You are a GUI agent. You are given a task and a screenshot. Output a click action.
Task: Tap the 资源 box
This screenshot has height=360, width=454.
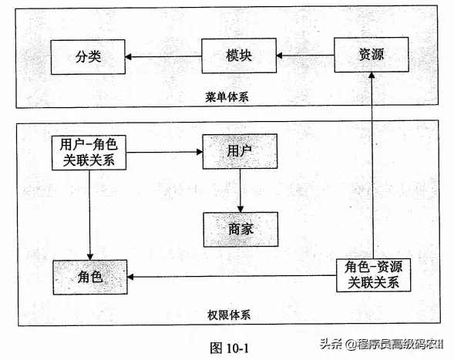pos(372,56)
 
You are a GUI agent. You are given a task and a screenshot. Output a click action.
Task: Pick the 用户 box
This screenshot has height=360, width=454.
pos(240,151)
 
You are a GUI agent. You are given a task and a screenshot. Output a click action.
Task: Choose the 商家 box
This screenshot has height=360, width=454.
pos(240,228)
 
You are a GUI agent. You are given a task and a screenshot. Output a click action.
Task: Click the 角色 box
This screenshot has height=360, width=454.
pos(90,276)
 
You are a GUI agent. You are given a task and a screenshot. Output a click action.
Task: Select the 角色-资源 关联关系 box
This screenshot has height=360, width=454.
pos(373,274)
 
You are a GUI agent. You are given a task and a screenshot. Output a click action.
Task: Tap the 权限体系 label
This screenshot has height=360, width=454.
pos(229,315)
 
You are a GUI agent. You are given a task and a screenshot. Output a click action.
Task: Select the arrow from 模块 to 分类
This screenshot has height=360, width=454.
pos(165,56)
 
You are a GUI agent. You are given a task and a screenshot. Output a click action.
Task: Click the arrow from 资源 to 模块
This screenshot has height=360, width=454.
pos(305,56)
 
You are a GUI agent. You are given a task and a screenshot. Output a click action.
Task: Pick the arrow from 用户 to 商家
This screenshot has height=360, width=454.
pos(240,190)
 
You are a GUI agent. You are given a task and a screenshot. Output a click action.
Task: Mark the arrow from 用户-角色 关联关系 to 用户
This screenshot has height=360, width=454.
pos(163,152)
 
